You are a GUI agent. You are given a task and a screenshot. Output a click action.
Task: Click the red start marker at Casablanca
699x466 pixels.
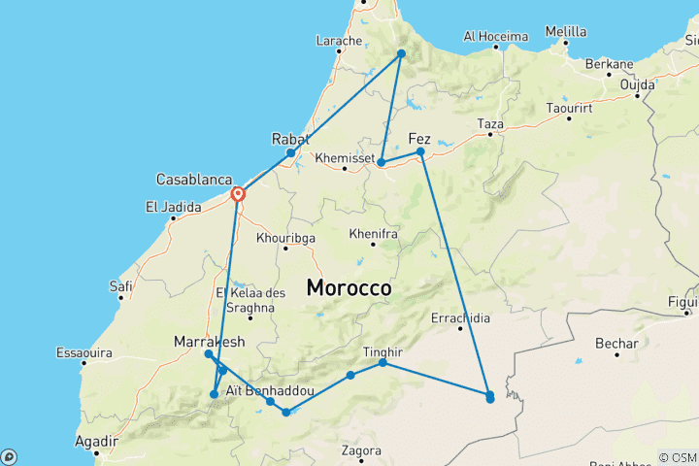(x=238, y=194)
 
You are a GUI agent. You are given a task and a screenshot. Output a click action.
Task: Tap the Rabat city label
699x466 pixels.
(x=290, y=138)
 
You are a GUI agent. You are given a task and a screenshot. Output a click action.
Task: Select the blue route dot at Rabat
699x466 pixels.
(x=290, y=153)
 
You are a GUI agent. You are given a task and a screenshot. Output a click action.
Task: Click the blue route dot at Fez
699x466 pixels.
(x=420, y=151)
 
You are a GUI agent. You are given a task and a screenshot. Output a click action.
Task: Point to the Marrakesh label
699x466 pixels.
(x=209, y=341)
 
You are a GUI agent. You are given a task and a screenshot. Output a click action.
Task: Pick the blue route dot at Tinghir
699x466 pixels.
(x=383, y=362)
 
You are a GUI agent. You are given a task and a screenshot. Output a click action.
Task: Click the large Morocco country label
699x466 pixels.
(x=349, y=288)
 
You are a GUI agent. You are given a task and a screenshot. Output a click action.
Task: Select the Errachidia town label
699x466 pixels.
(x=460, y=317)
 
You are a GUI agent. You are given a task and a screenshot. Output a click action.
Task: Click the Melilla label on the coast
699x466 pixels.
(x=566, y=32)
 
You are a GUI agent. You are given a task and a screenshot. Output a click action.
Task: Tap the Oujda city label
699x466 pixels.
(x=638, y=84)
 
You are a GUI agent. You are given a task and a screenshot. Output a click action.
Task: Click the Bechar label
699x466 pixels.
(x=617, y=344)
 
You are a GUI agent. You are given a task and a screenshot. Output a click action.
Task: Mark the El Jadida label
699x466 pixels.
(x=172, y=206)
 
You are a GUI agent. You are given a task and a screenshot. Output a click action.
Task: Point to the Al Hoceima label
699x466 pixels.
(x=495, y=36)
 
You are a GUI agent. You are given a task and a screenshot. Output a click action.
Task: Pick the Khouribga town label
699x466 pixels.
(x=284, y=237)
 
